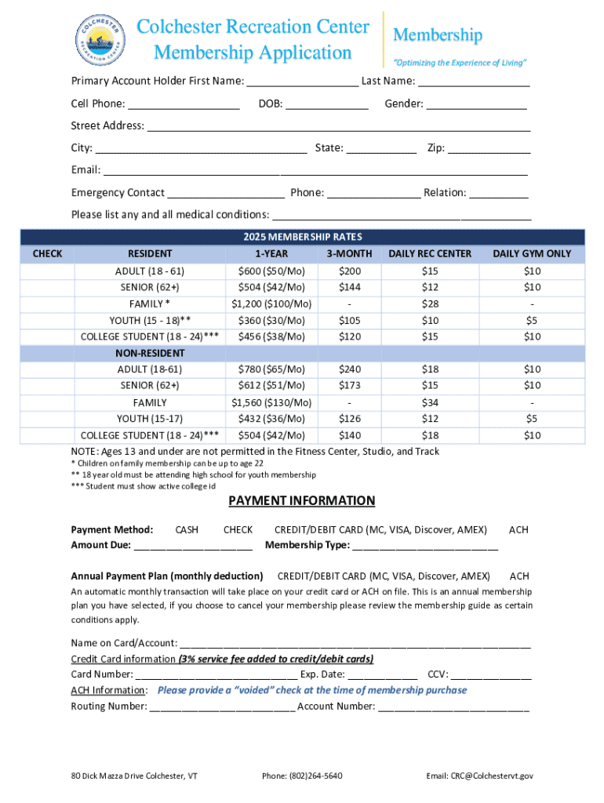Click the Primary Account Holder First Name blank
[303, 82]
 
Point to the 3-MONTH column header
[349, 254]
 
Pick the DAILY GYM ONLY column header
[532, 254]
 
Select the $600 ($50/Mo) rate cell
[271, 271]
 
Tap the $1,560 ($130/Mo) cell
[271, 403]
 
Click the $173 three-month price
[349, 386]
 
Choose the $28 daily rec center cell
[430, 304]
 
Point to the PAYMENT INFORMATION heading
[302, 501]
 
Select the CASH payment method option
[187, 531]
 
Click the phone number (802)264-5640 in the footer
[302, 776]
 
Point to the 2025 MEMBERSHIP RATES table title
[302, 237]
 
